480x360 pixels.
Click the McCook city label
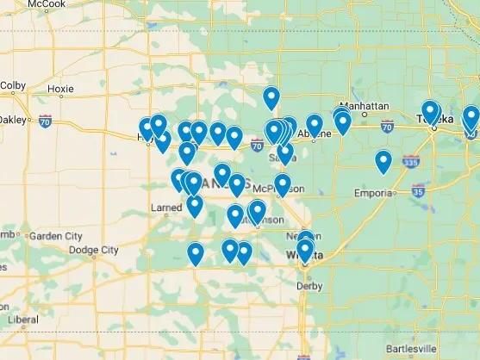(46, 4)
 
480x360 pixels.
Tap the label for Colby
(13, 85)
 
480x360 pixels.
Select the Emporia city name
(372, 194)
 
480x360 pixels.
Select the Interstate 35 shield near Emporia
(417, 192)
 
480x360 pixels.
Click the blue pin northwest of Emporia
(383, 161)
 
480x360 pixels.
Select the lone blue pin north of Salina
(271, 97)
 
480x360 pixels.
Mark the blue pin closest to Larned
(195, 205)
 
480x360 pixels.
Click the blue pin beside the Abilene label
(315, 126)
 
